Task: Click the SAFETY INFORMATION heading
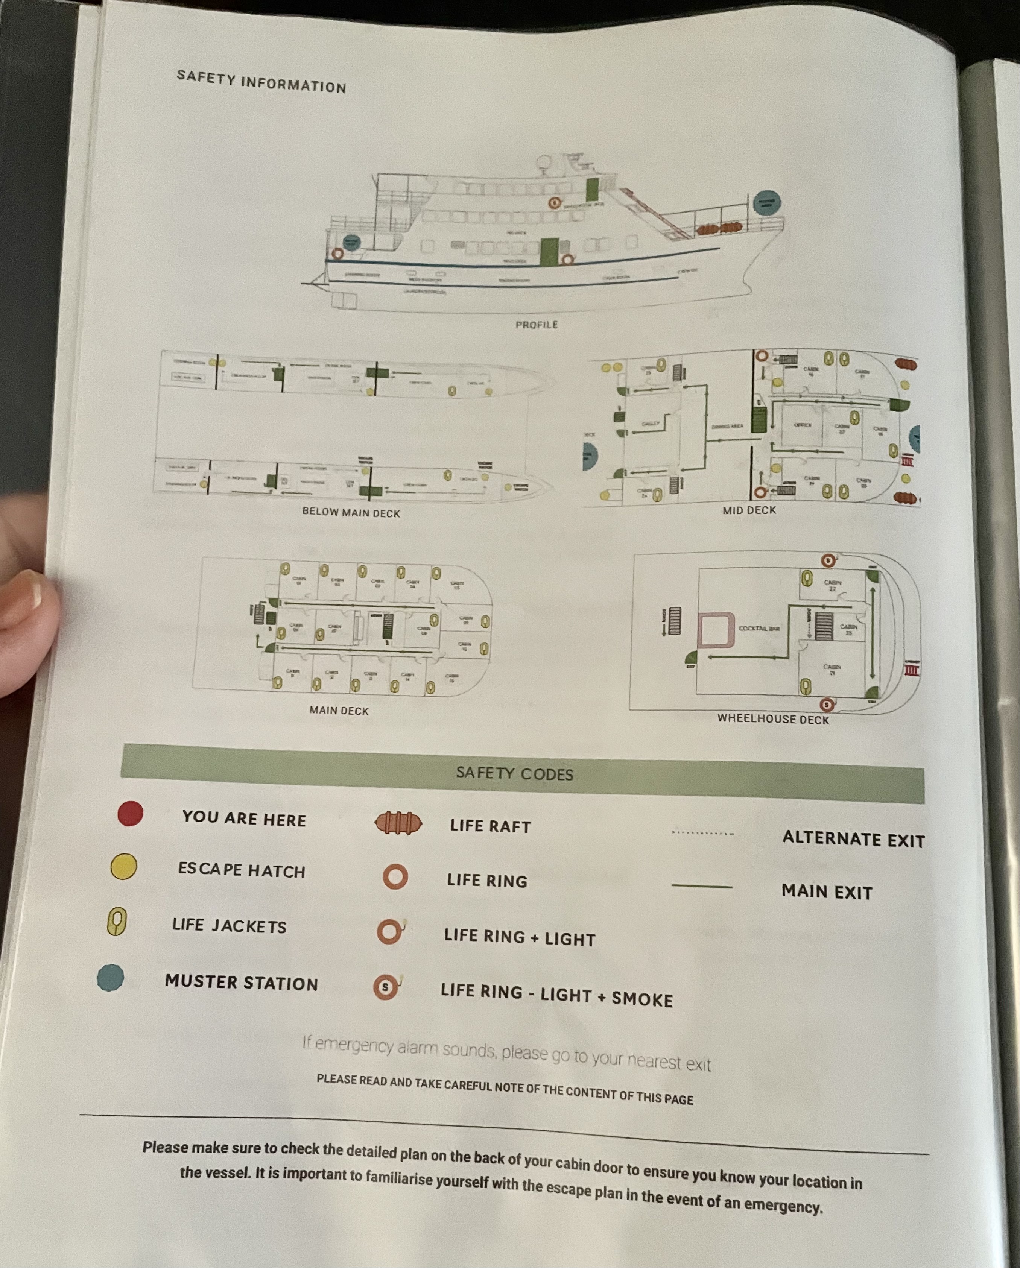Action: (x=261, y=82)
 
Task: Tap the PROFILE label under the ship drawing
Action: (x=537, y=325)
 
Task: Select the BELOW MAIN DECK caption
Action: (x=351, y=512)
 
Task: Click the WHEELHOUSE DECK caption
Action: (x=773, y=719)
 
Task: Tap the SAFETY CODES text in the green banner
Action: (x=515, y=773)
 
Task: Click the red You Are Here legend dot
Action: (x=130, y=814)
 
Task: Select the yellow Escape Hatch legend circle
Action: (x=123, y=866)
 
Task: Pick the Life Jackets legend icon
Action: (x=117, y=921)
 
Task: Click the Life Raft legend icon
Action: (x=398, y=823)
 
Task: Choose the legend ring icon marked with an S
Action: (x=386, y=987)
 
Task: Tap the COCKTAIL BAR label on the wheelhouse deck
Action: (x=759, y=629)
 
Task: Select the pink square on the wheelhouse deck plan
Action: (x=716, y=630)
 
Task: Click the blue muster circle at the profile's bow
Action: (x=766, y=203)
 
